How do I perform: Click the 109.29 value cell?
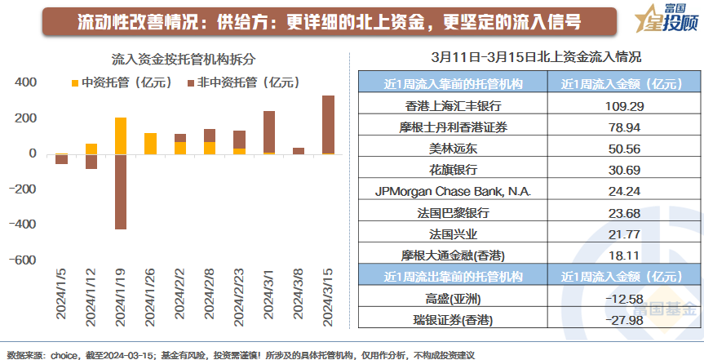pos(611,106)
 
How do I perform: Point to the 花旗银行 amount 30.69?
pos(611,169)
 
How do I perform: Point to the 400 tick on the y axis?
pos(26,82)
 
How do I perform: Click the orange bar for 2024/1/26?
pos(150,144)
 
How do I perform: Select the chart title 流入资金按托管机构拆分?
pos(174,60)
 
